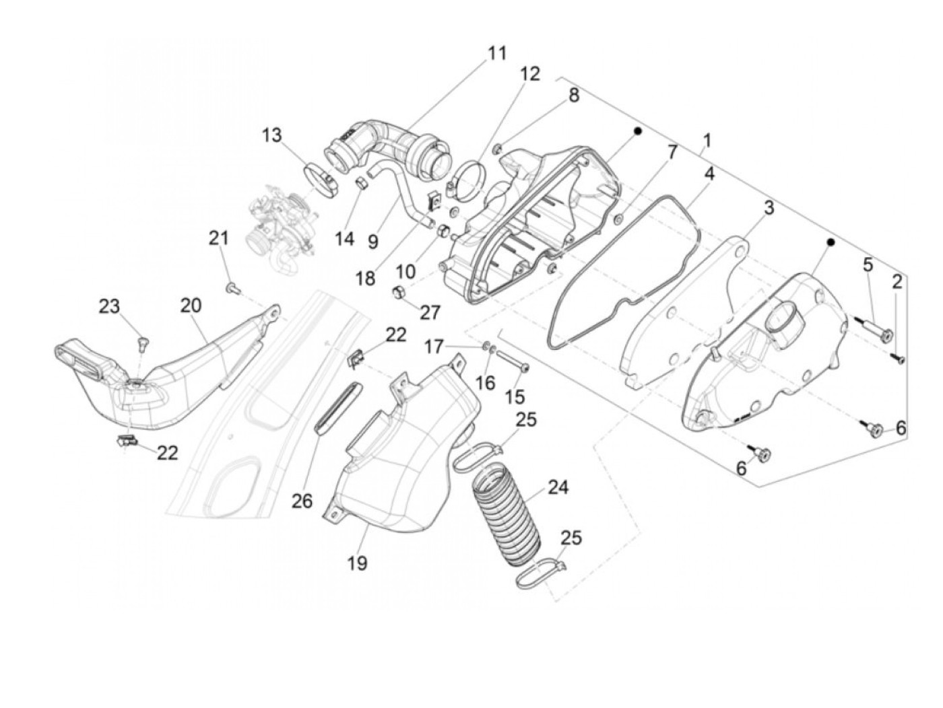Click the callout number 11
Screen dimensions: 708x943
point(497,53)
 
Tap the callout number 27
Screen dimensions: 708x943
point(430,312)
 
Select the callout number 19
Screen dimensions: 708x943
point(358,563)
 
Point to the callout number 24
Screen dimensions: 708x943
point(558,487)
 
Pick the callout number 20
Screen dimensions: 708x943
point(191,305)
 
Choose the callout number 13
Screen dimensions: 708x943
point(272,136)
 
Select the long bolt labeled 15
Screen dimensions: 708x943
point(511,364)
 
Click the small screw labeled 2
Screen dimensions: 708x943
point(897,358)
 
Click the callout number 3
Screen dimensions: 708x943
point(768,208)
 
